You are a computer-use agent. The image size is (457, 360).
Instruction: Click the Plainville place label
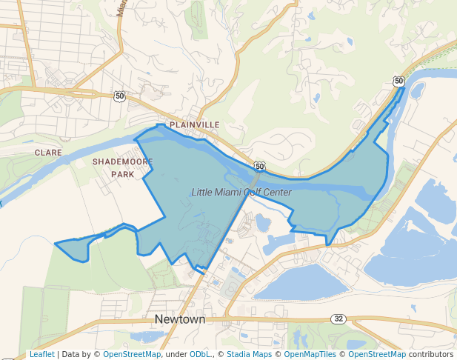tap(195, 125)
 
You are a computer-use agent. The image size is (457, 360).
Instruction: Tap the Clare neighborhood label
tap(48, 152)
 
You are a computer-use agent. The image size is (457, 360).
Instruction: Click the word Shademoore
tap(123, 161)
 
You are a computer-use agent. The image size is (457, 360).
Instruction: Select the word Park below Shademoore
tap(123, 175)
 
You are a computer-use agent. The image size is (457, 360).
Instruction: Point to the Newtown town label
tap(180, 319)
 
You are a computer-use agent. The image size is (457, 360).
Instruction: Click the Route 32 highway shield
tap(339, 319)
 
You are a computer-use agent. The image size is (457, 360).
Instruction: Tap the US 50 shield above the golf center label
tap(259, 166)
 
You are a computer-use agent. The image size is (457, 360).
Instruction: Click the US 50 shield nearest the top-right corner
tap(399, 81)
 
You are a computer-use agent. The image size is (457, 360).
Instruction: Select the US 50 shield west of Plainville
tap(120, 96)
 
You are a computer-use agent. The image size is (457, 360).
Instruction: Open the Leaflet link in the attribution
tap(42, 355)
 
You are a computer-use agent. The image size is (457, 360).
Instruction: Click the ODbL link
tap(199, 355)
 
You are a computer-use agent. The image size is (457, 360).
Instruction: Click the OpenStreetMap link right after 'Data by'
tap(132, 355)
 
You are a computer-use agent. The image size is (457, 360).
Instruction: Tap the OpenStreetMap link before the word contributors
tap(377, 355)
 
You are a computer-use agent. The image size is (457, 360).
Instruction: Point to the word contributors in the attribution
tap(430, 355)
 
